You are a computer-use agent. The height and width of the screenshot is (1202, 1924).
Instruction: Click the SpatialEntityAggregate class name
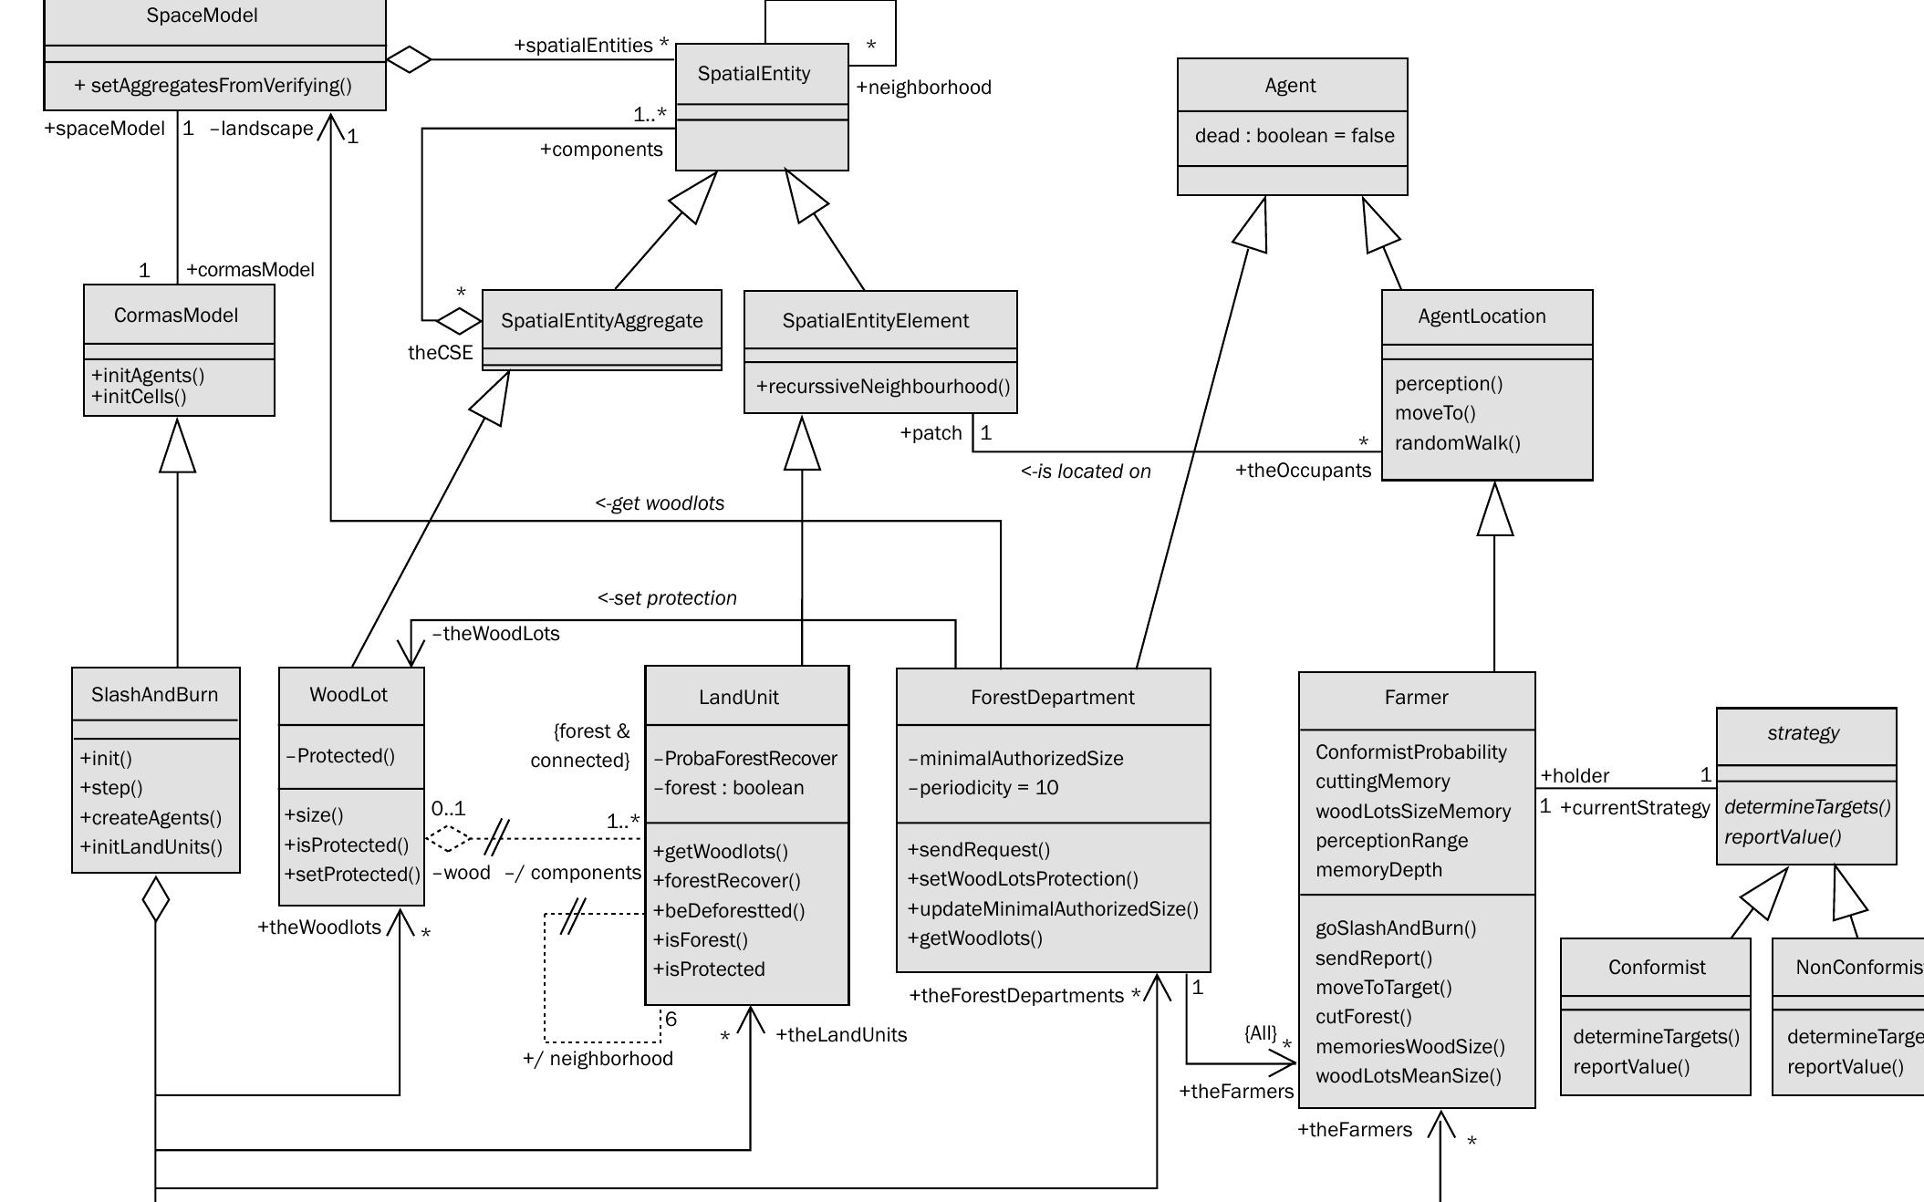(x=602, y=321)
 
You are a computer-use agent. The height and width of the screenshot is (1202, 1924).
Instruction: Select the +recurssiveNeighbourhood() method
(x=883, y=387)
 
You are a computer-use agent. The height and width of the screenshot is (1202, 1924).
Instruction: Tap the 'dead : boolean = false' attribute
(x=1294, y=136)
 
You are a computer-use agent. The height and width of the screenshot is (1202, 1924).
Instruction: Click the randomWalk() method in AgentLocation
(x=1457, y=443)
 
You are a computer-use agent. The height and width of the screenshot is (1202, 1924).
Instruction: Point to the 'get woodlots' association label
(x=660, y=503)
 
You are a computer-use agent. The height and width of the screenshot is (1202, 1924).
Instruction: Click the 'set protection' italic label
(x=668, y=598)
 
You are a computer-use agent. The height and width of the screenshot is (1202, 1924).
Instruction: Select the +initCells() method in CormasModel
(x=139, y=397)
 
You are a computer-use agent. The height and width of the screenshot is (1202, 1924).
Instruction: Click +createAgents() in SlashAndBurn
(x=151, y=818)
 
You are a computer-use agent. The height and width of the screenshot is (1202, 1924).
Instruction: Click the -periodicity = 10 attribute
(x=983, y=788)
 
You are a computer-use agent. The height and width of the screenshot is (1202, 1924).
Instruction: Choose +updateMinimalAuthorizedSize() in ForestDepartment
(x=1053, y=909)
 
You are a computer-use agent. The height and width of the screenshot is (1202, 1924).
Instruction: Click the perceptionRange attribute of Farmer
(x=1391, y=841)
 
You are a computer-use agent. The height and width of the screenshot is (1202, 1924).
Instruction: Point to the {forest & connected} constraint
(x=580, y=746)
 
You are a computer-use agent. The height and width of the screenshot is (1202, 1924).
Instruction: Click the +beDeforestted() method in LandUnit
(x=729, y=911)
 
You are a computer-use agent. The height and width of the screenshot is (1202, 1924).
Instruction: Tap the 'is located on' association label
(x=1086, y=471)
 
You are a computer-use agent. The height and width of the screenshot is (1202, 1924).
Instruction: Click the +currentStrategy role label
(x=1635, y=808)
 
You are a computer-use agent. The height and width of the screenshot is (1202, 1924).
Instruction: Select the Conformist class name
(x=1656, y=968)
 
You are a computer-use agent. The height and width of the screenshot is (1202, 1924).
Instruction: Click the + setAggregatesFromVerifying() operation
(x=213, y=86)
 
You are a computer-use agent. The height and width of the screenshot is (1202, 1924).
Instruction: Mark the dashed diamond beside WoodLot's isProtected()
(x=448, y=838)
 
